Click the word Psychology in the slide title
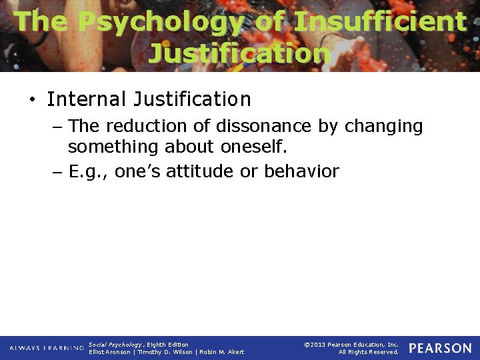161,21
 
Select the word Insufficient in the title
379,21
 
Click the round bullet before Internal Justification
32,100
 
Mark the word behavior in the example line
302,171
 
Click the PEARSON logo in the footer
440,349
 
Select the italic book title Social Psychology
114,345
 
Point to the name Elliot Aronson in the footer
110,352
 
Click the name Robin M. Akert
223,352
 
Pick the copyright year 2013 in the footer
317,345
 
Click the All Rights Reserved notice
368,352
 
